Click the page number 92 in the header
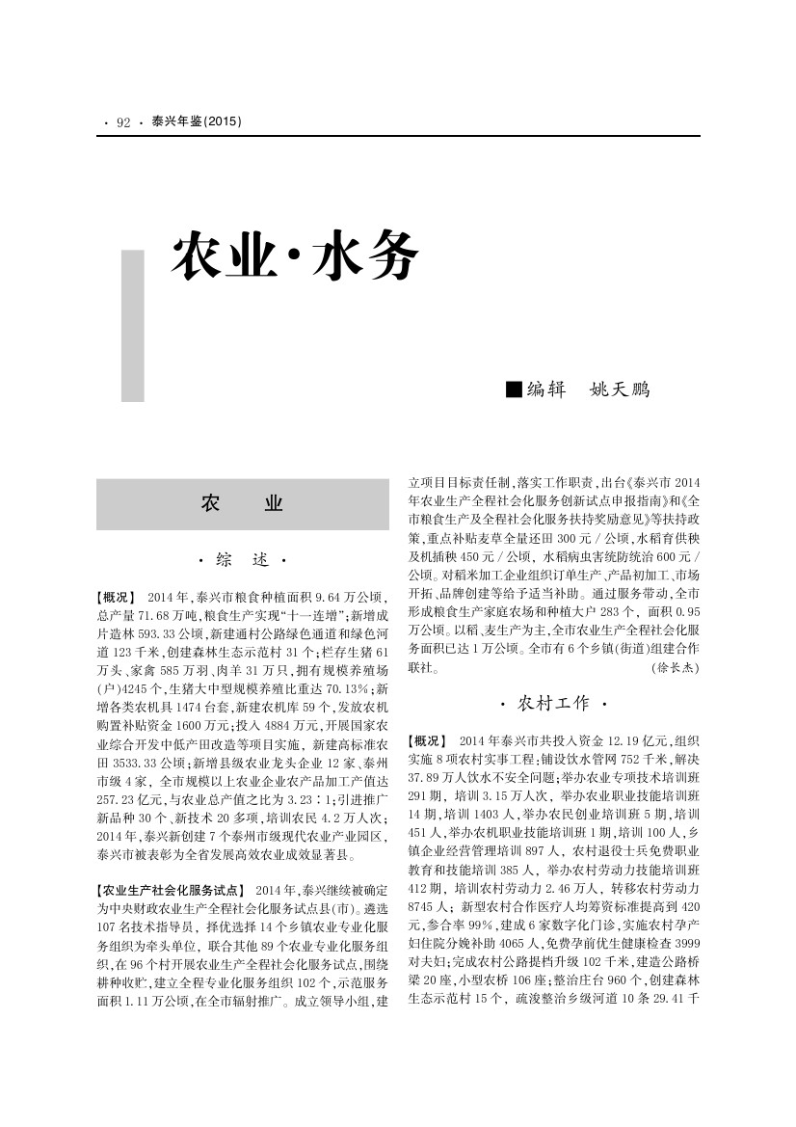click(x=122, y=122)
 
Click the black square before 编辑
click(x=514, y=389)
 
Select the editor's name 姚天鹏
click(x=619, y=389)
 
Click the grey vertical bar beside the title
click(x=132, y=326)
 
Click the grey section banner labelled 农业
click(x=242, y=504)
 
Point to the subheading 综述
click(x=242, y=560)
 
